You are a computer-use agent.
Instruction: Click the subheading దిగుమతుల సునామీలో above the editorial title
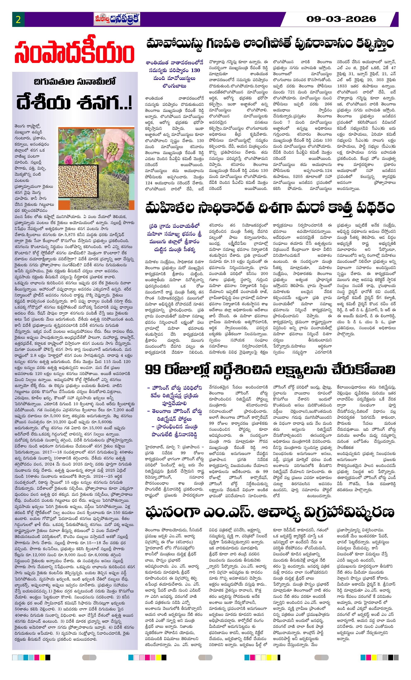pos(75,82)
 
